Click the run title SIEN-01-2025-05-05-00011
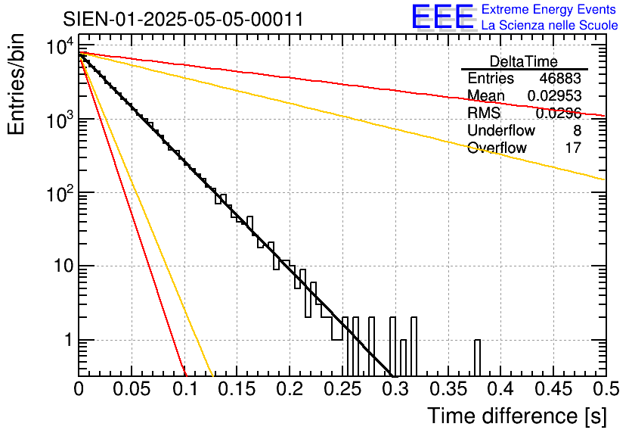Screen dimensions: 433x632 point(183,19)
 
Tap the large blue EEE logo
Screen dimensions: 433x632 point(443,17)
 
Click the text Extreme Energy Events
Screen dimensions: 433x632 point(550,10)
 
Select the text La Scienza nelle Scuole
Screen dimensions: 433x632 point(550,26)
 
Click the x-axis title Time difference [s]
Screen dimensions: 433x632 point(517,416)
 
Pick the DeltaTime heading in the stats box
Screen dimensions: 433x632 point(524,61)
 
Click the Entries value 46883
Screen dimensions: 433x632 point(560,79)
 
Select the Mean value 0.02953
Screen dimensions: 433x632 point(554,95)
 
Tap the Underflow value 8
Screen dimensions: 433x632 point(577,130)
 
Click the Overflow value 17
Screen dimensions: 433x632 point(573,148)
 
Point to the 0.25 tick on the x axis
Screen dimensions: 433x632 point(342,391)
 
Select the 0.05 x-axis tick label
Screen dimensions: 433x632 point(132,391)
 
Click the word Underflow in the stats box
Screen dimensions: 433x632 point(500,130)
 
